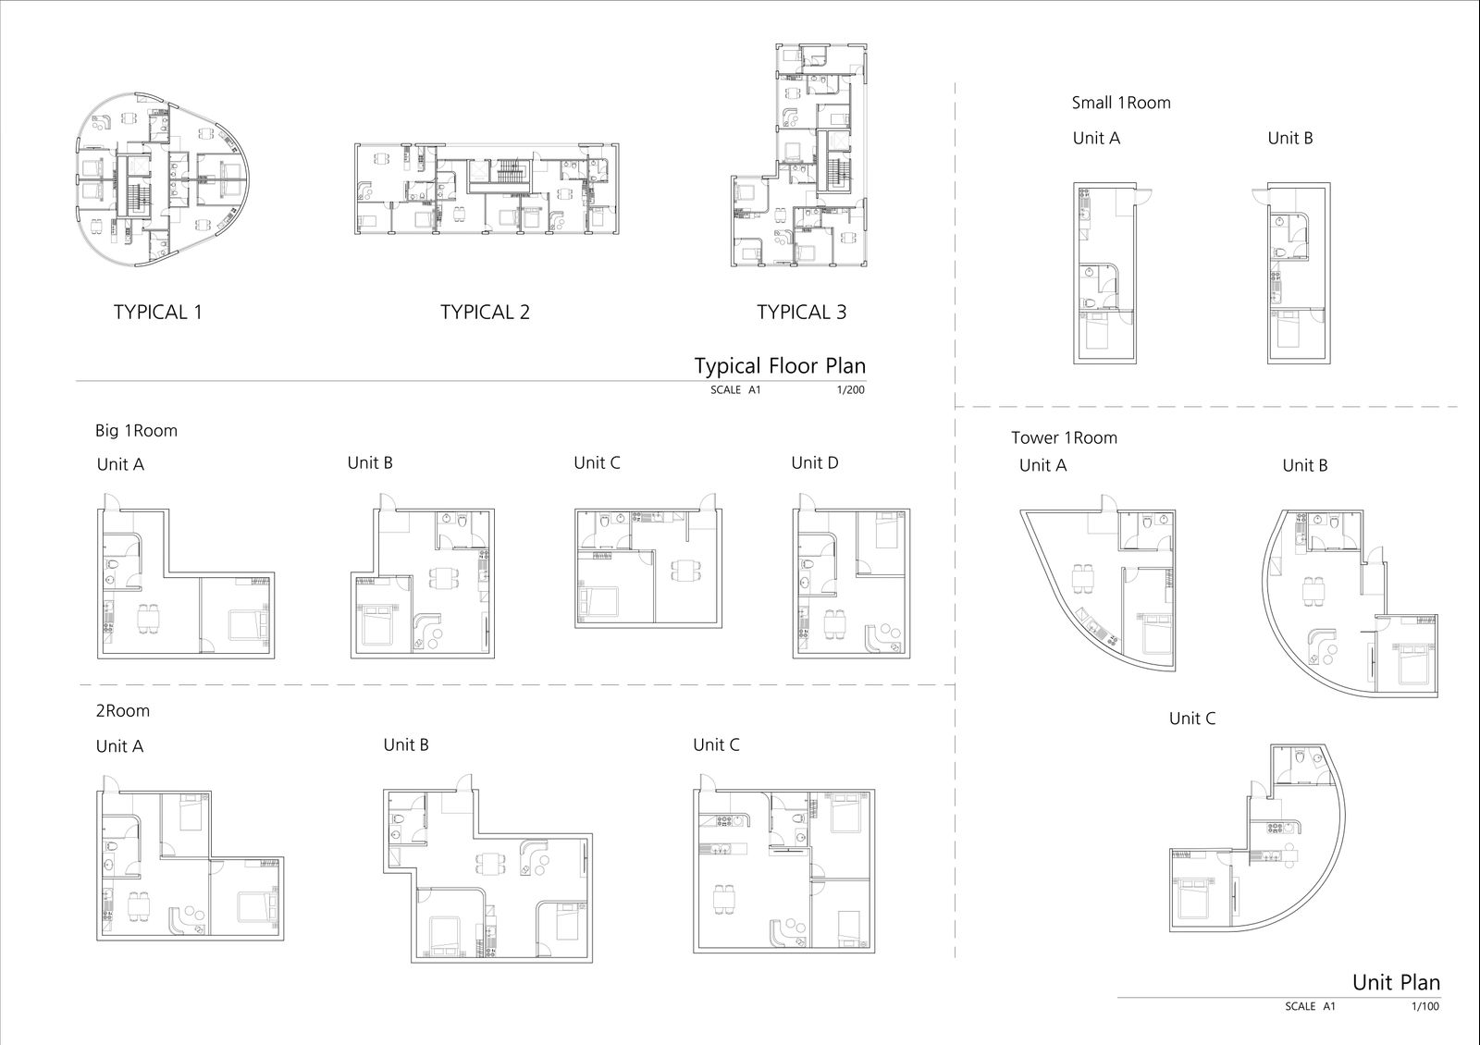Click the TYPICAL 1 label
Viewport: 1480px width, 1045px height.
tap(157, 312)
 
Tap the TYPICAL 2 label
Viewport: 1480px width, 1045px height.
tap(485, 312)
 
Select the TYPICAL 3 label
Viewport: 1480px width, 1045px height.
tap(801, 312)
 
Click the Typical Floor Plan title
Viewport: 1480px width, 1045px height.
tap(780, 366)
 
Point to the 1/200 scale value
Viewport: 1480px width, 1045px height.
tap(850, 389)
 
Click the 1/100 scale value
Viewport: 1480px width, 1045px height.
tap(1425, 1007)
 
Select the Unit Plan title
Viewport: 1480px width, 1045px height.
tap(1396, 982)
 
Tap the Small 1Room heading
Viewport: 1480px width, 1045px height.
tap(1120, 103)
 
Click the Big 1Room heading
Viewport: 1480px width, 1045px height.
tap(136, 431)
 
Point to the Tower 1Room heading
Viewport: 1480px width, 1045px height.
tap(1064, 437)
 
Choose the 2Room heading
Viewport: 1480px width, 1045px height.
tap(123, 711)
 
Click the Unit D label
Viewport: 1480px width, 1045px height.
tap(815, 462)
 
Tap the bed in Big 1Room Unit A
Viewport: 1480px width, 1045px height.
tap(249, 625)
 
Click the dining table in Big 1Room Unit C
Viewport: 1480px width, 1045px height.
tap(686, 570)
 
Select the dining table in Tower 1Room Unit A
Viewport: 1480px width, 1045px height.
tap(1083, 579)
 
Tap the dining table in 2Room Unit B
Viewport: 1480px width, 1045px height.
tap(490, 864)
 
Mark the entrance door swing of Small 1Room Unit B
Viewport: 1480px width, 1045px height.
tap(1260, 198)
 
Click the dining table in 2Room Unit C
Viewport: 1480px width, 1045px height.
tap(723, 899)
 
